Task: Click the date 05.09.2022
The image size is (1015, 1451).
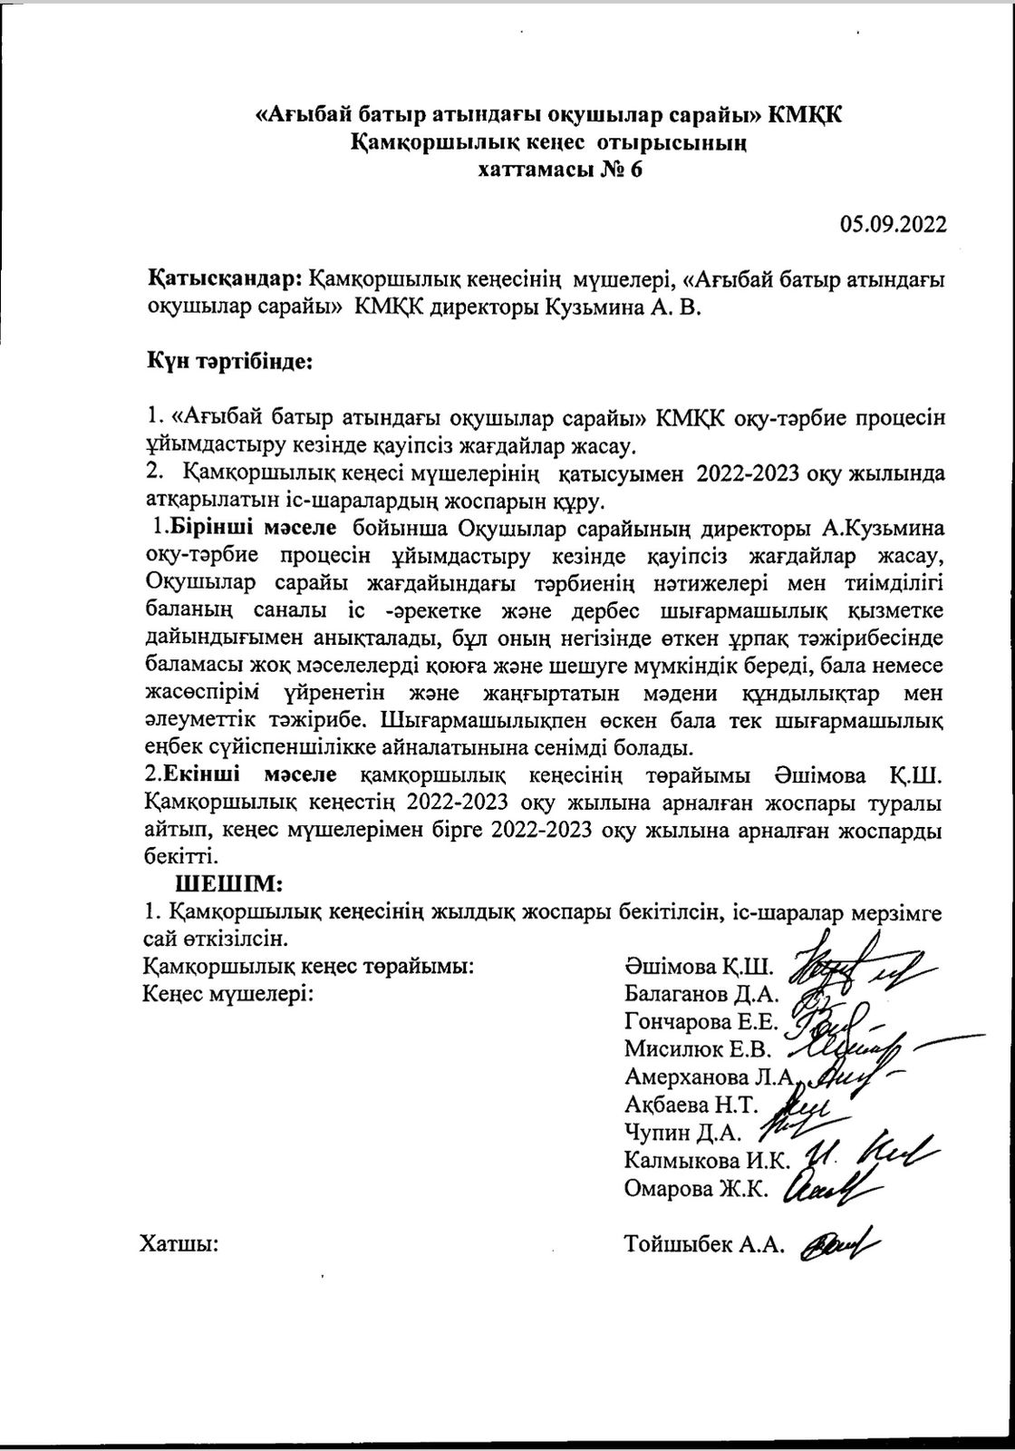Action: (x=893, y=225)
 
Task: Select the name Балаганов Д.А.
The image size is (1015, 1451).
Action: (x=698, y=993)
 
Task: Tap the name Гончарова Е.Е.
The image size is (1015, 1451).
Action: (x=701, y=1022)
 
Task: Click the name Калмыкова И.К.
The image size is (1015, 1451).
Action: (x=708, y=1161)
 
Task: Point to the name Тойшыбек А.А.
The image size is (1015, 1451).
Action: (x=702, y=1245)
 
